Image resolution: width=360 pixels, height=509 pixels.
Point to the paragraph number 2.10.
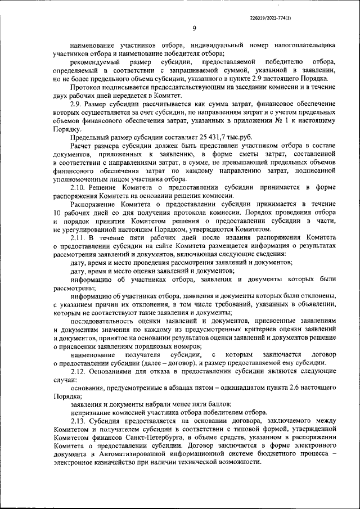(79, 186)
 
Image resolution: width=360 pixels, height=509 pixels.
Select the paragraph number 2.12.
(79, 372)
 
